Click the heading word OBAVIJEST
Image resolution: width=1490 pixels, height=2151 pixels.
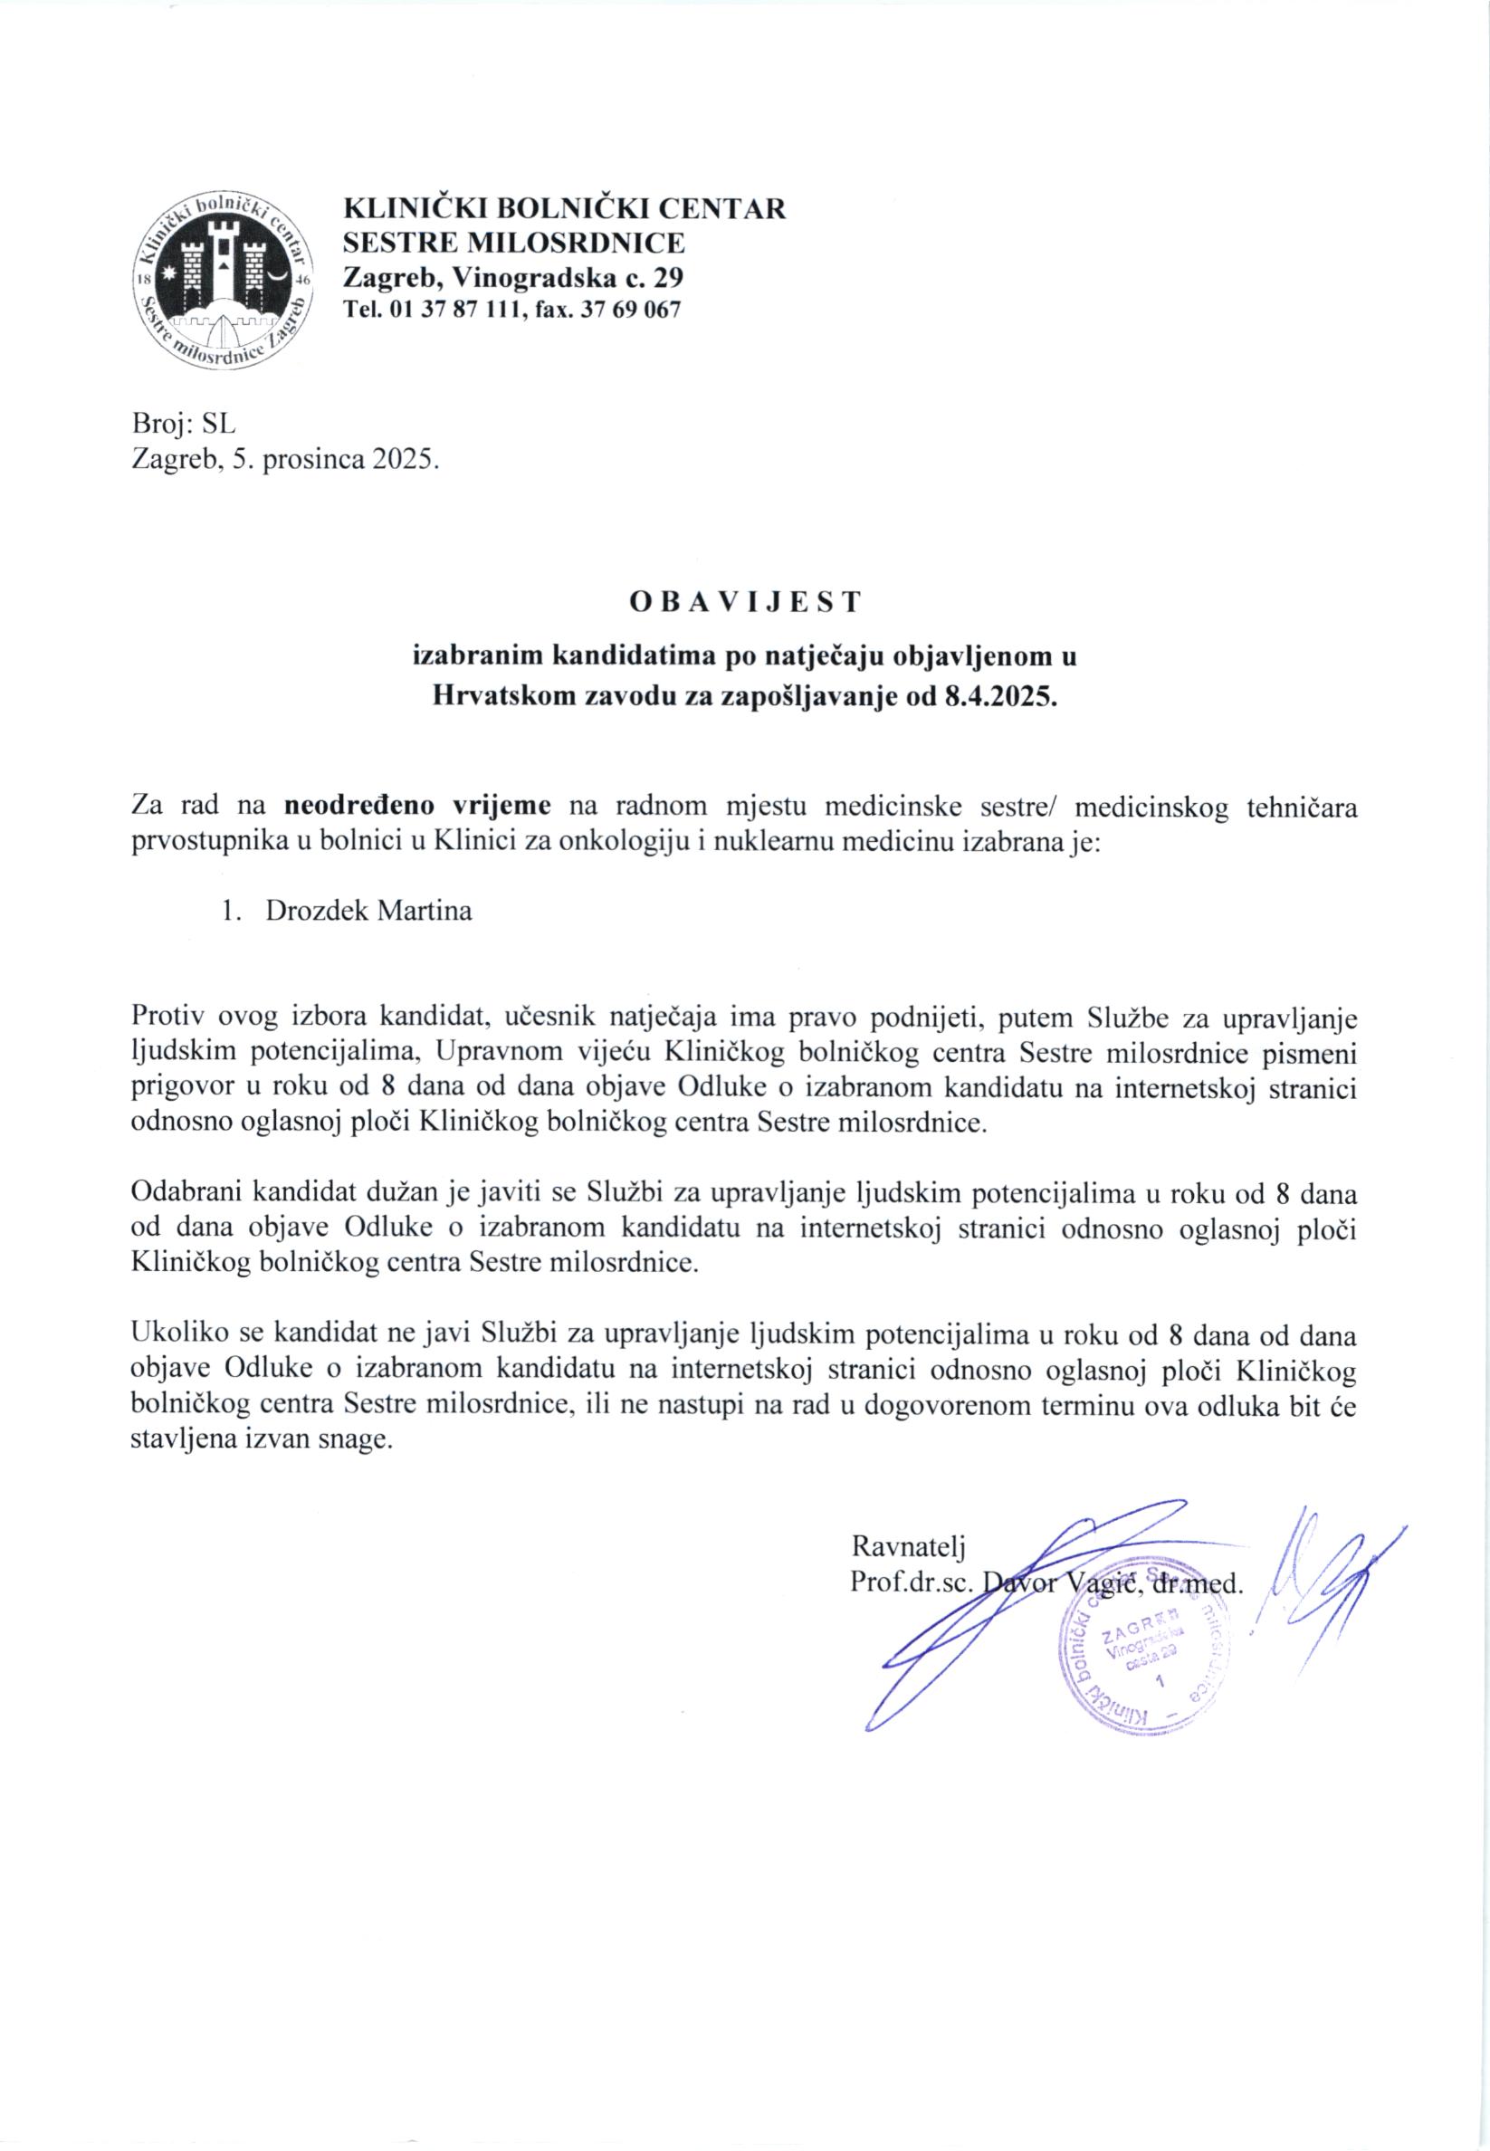(744, 602)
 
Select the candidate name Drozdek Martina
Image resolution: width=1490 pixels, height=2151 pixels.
(368, 910)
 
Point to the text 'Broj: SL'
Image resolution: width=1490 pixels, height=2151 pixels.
(185, 424)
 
